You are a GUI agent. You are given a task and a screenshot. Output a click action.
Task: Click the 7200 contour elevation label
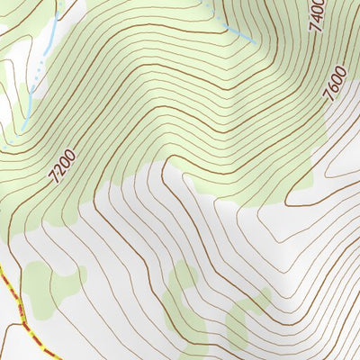click(x=64, y=166)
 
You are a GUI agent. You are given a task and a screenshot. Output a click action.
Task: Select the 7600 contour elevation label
click(x=335, y=85)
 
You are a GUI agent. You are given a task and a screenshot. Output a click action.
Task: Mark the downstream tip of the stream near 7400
click(x=250, y=40)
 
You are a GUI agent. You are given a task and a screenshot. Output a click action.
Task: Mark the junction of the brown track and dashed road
click(x=24, y=320)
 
